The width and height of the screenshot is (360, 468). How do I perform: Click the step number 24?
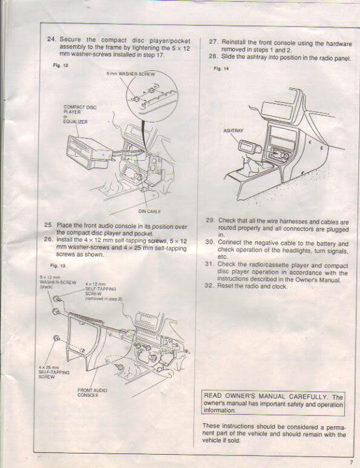click(51, 39)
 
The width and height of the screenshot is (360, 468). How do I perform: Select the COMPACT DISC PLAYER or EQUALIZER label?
click(79, 114)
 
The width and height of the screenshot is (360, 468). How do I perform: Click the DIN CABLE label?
click(149, 211)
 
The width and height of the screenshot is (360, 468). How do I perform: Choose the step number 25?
click(50, 225)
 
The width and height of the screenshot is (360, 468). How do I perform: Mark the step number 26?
click(50, 240)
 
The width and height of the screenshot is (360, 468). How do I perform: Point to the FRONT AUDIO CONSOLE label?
click(92, 392)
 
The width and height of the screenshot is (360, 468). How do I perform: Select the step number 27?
click(213, 42)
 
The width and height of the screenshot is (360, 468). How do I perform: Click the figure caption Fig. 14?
click(219, 69)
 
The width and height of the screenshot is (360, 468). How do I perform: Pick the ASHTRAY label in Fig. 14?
click(233, 130)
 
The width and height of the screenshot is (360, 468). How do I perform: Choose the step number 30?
click(210, 242)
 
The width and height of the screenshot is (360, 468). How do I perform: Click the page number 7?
click(350, 463)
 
